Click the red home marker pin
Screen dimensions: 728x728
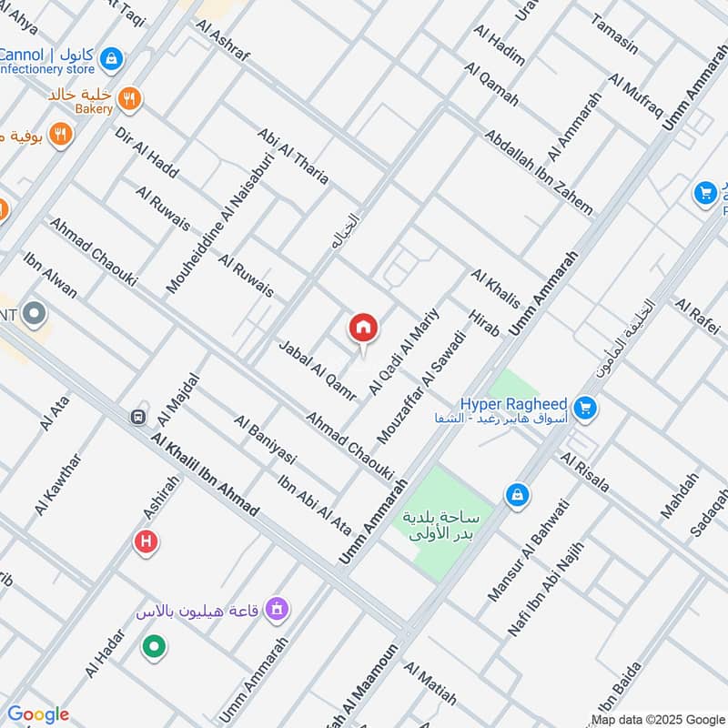click(363, 329)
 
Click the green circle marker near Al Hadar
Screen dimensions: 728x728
click(154, 647)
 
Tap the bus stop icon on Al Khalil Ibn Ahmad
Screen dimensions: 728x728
click(138, 417)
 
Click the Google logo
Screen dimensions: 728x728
click(38, 714)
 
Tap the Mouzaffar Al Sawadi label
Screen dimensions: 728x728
click(420, 389)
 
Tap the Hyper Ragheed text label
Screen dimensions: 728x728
click(513, 403)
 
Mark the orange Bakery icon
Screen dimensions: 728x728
click(130, 100)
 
